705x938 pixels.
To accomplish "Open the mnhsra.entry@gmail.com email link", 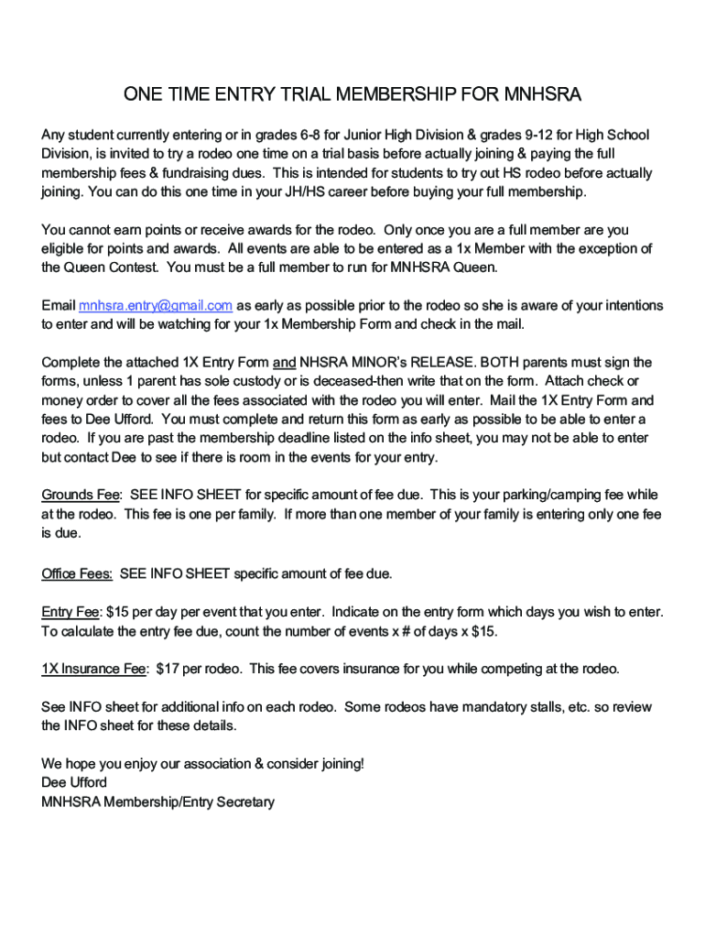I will point(155,306).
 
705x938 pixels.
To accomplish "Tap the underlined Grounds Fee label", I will point(81,496).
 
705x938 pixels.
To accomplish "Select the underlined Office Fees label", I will point(77,573).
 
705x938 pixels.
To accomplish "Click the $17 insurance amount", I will point(168,669).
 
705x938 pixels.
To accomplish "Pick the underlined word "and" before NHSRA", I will point(283,363).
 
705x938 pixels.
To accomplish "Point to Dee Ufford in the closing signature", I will point(74,783).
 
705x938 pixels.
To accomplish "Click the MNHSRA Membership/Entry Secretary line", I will point(157,802).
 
